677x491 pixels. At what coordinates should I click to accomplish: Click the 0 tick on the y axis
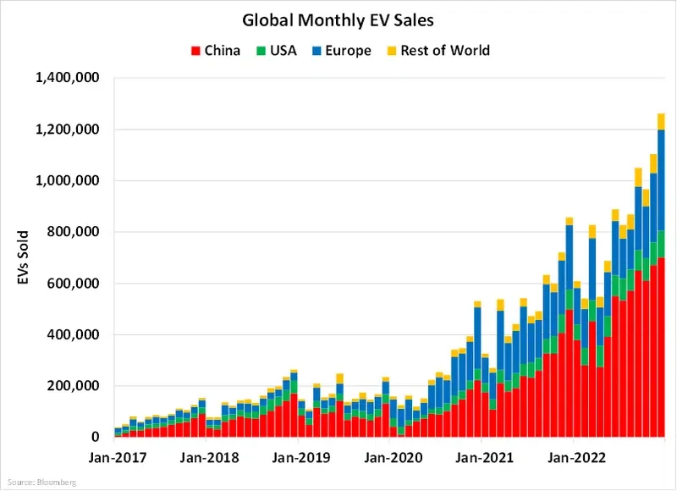98,438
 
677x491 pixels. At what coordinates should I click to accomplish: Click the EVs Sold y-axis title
26,257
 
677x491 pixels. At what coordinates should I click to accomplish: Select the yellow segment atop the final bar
661,121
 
